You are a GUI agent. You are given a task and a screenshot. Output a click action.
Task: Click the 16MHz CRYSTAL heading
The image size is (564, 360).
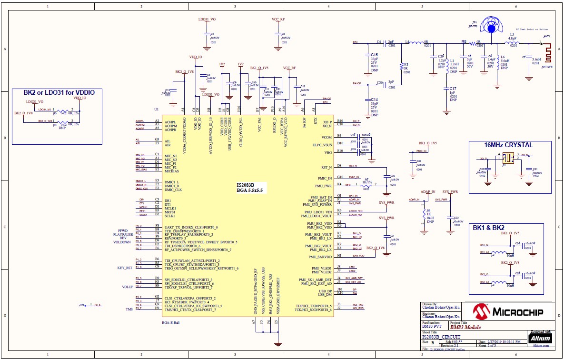coord(508,145)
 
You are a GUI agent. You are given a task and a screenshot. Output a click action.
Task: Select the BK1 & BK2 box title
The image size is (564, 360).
coord(489,228)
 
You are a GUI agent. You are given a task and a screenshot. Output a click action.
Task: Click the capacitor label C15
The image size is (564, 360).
coord(374,55)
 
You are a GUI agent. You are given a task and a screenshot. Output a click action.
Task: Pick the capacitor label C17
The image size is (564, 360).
coord(453,89)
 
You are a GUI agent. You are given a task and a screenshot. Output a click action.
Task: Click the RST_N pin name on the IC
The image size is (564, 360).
coord(327,167)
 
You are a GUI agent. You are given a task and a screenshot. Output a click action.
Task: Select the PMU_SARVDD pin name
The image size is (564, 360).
coord(320,257)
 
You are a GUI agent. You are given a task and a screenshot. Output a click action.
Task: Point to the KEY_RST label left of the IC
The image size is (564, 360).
coord(125,268)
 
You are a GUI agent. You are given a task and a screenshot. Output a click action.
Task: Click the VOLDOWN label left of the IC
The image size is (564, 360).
coord(122,242)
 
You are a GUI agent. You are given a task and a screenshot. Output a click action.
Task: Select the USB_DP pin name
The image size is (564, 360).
coord(326,290)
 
